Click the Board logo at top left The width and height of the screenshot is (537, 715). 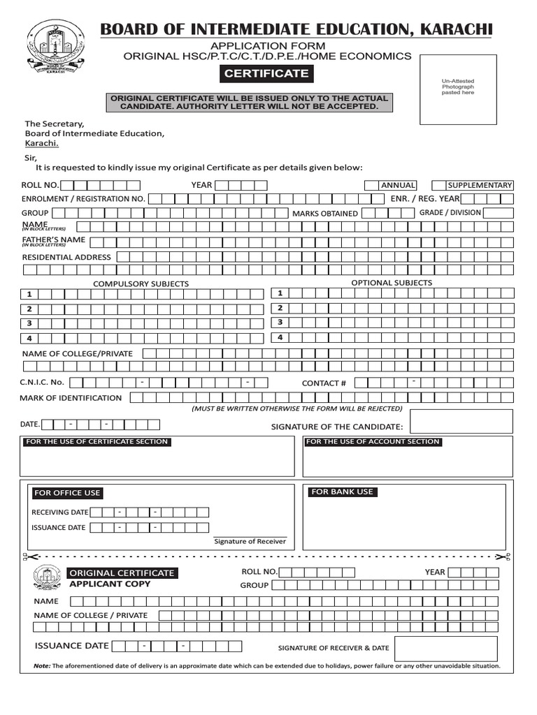[54, 48]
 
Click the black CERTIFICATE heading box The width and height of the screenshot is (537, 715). [266, 73]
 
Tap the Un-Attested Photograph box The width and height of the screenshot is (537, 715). [457, 87]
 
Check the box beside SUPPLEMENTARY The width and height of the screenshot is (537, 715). [438, 185]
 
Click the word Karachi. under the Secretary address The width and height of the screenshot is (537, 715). [42, 143]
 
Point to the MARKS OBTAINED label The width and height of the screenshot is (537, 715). [324, 214]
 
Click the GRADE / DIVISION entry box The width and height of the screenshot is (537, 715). [497, 213]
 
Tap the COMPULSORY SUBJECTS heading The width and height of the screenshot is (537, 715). [141, 284]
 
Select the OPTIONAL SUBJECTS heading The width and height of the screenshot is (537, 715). [392, 283]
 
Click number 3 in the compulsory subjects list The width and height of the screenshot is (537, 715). [29, 324]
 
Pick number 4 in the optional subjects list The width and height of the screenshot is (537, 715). [280, 337]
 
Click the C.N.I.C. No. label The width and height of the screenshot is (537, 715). [42, 382]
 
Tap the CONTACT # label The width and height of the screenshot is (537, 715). [324, 383]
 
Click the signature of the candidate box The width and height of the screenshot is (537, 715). [461, 422]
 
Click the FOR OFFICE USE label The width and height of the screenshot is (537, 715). [67, 493]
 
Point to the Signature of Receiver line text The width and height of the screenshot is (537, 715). [250, 541]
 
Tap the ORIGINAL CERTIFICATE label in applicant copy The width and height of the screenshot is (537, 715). [121, 573]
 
